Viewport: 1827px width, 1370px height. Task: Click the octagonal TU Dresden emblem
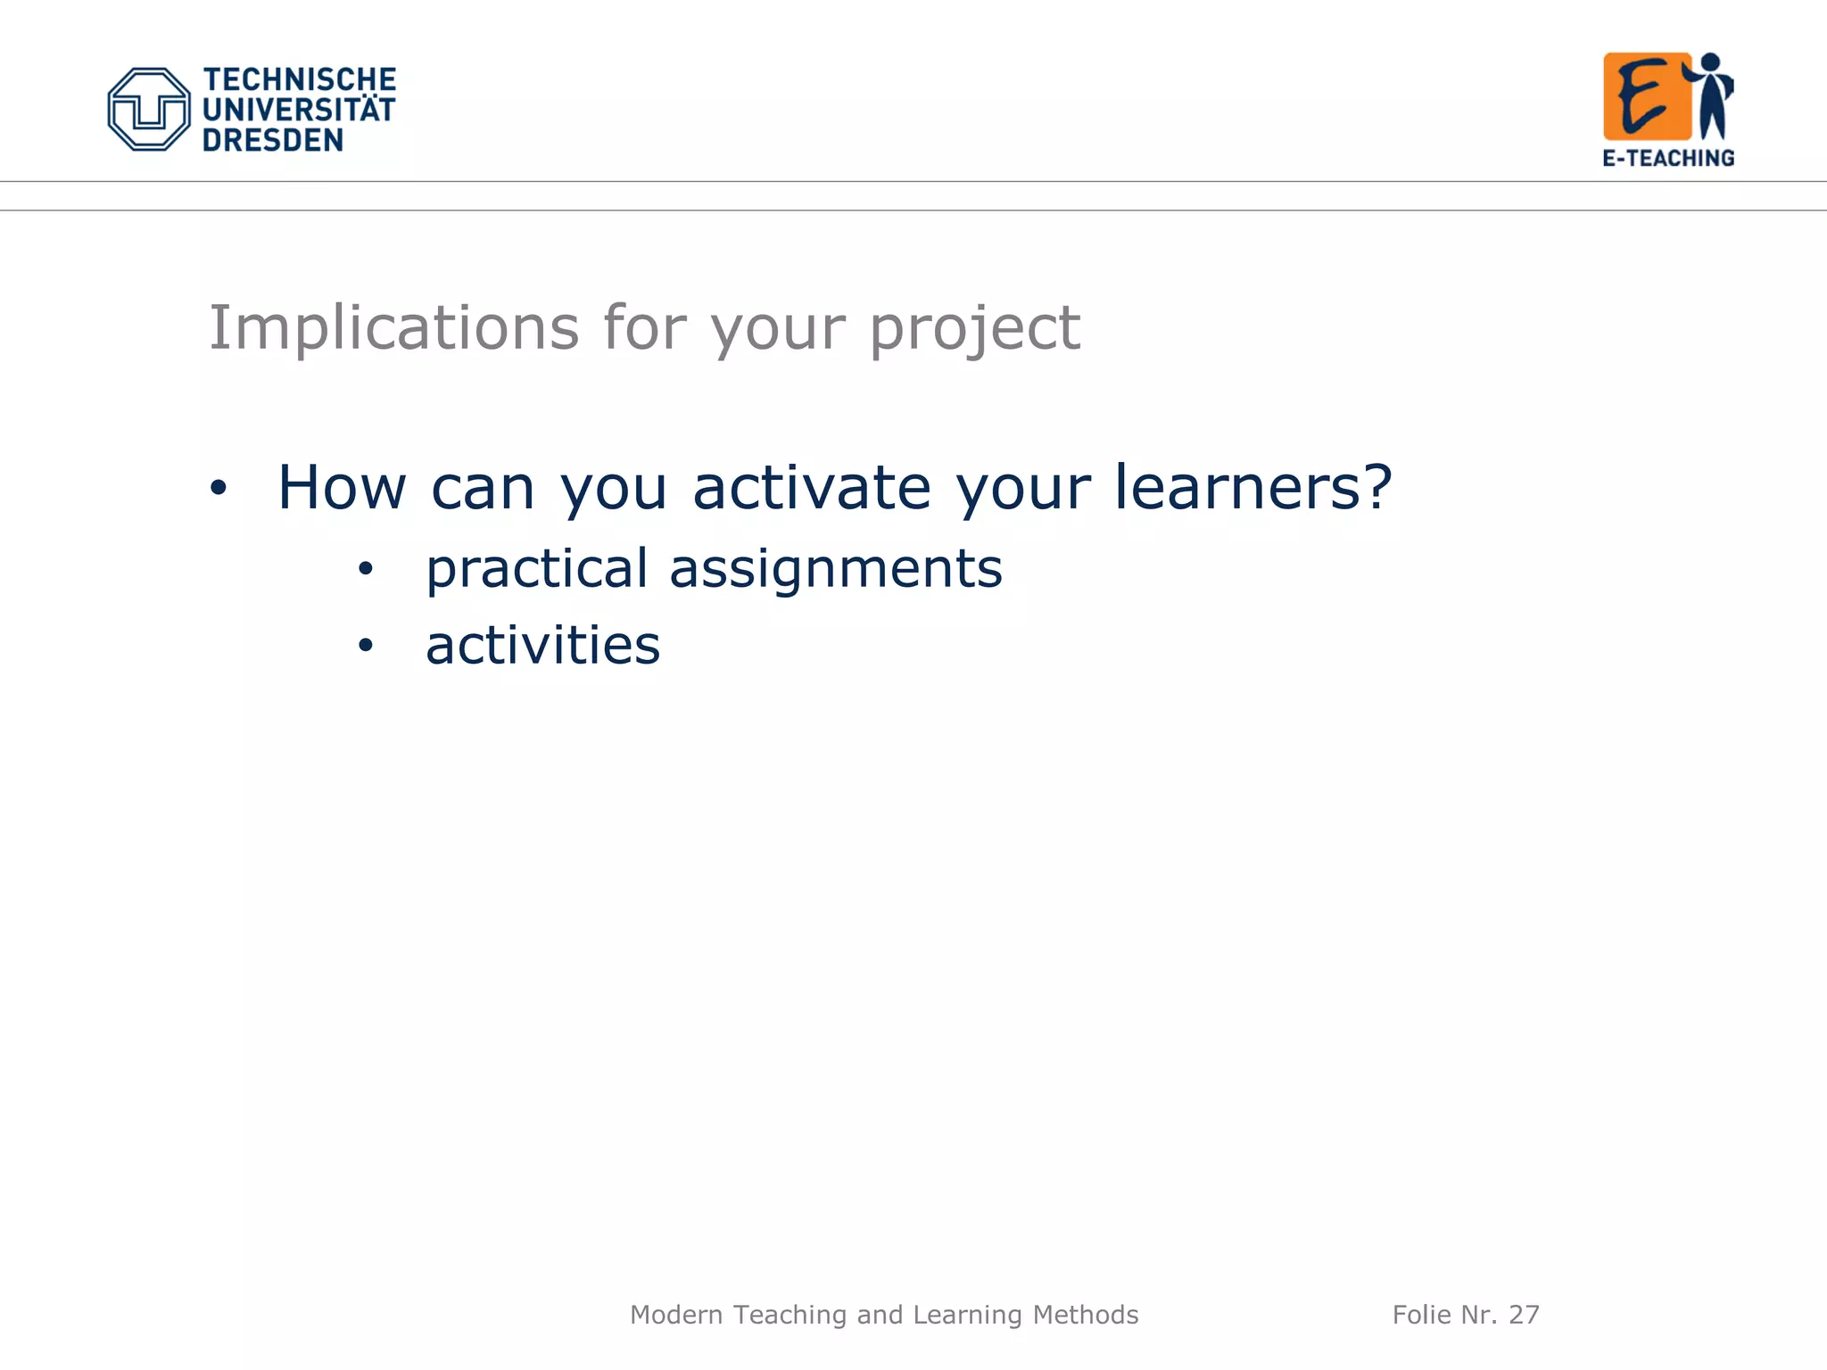pos(149,109)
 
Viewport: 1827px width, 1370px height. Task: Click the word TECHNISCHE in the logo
pos(299,79)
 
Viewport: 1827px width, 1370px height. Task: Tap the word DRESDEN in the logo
pos(272,140)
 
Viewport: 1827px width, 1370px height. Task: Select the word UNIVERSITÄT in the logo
pos(299,110)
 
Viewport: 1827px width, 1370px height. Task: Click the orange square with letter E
pos(1646,96)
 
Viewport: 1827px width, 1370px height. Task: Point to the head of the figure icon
pos(1710,63)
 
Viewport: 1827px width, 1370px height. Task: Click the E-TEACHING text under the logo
pos(1668,158)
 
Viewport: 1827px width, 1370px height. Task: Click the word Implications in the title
pos(393,328)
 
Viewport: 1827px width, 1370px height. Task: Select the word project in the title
pos(974,328)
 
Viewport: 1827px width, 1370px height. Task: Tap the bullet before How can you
pos(219,488)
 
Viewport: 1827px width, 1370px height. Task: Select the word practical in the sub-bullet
pos(536,569)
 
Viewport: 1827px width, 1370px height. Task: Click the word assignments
pos(836,569)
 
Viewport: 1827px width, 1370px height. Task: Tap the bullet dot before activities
pos(365,645)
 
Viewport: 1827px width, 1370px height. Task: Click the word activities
pos(542,645)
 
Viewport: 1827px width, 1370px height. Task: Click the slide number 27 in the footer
pos(1524,1315)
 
